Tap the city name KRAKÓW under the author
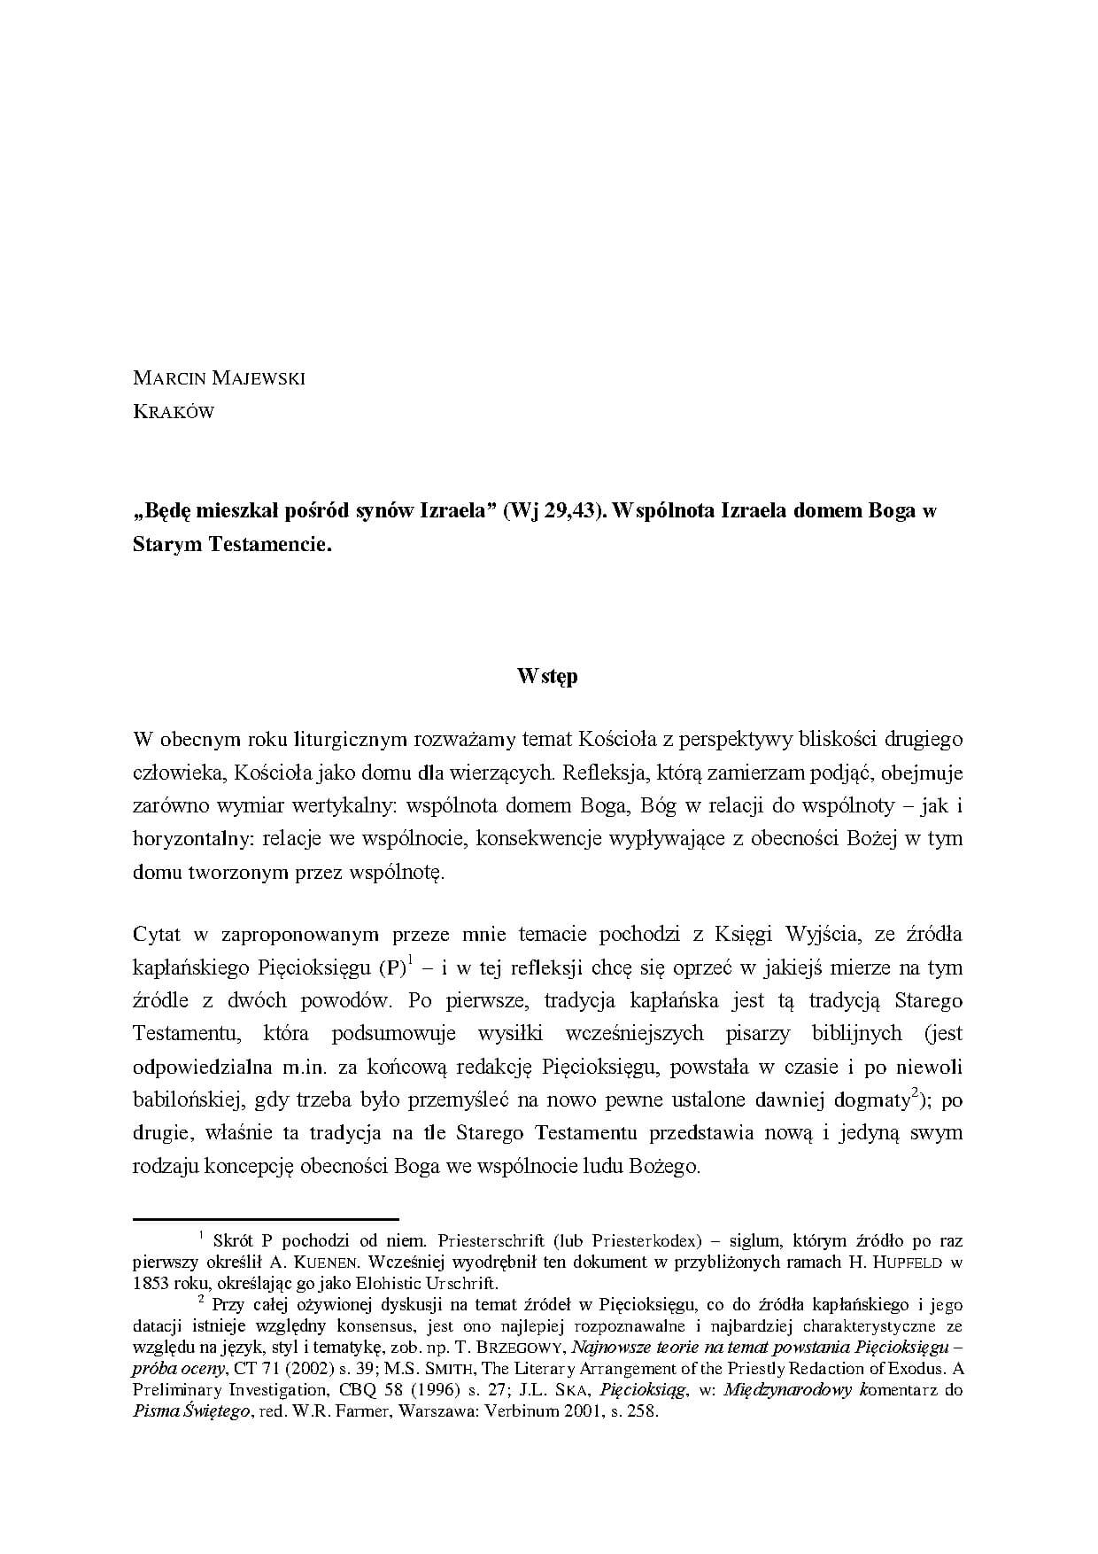click(174, 412)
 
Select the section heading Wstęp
click(548, 676)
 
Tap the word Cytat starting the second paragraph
click(157, 934)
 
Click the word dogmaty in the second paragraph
click(872, 1100)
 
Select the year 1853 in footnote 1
click(151, 1283)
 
